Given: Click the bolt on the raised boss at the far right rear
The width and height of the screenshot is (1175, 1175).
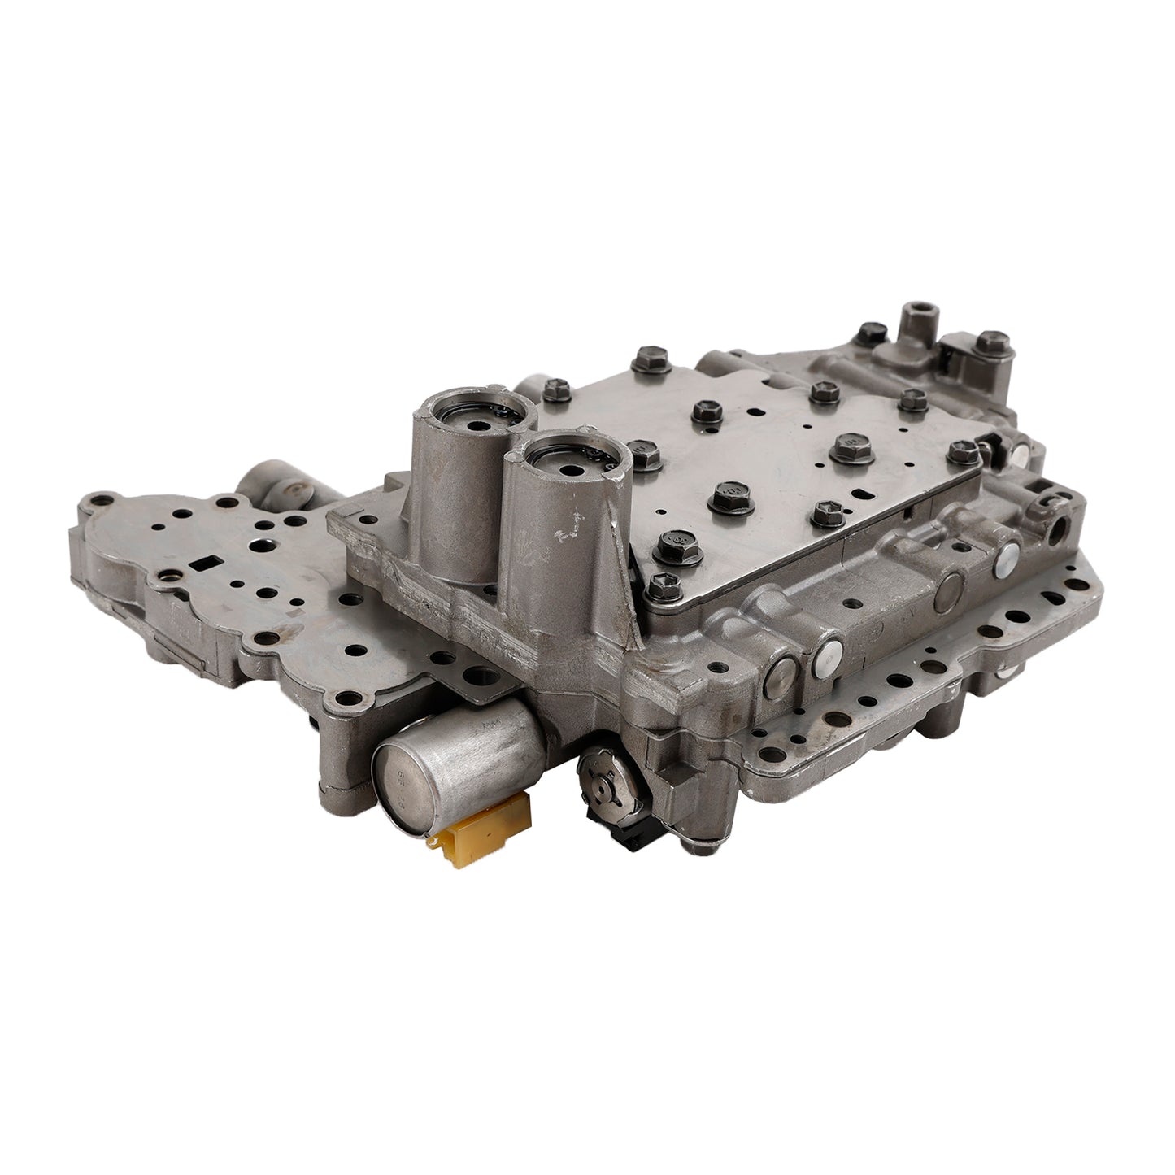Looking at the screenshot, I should [990, 339].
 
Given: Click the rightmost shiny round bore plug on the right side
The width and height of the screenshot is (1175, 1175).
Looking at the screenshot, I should [1007, 559].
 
